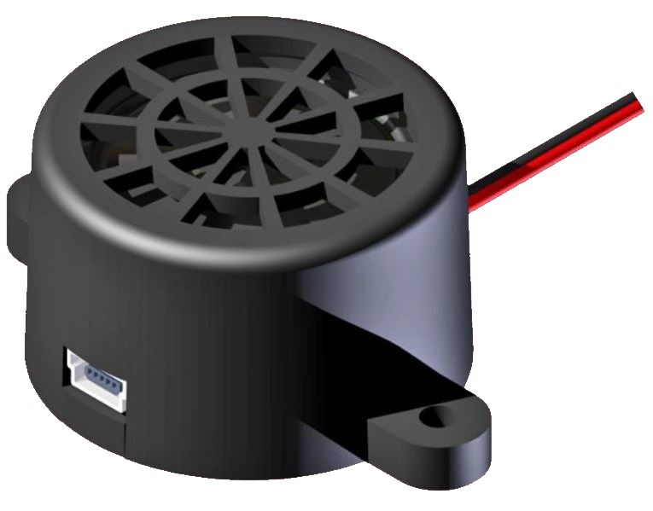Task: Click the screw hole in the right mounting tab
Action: pos(435,419)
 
